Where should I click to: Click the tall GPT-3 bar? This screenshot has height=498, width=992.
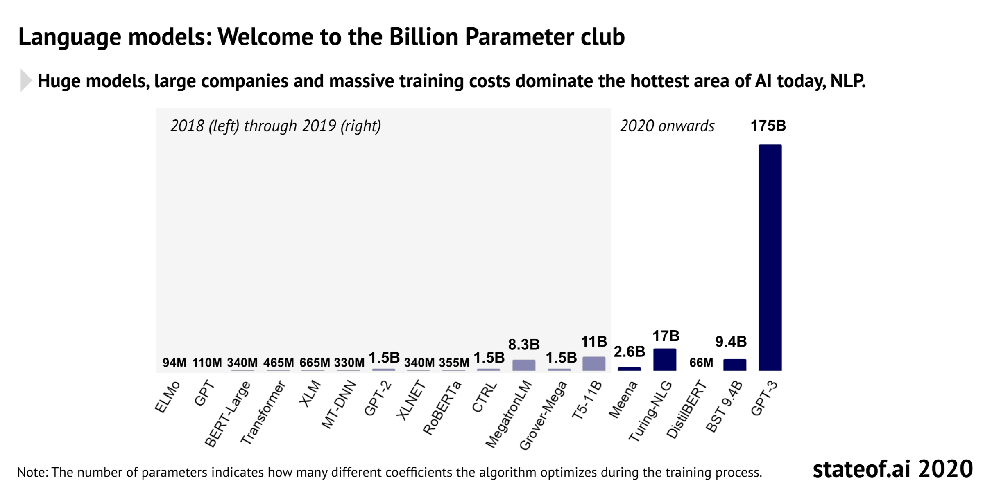770,258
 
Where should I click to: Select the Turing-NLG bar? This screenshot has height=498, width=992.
664,360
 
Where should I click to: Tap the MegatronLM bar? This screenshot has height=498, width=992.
523,365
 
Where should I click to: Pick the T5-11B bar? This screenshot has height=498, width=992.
593,364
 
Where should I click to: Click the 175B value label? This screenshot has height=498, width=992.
768,126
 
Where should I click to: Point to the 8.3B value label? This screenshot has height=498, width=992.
524,345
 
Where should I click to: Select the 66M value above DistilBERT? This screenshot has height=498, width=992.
701,363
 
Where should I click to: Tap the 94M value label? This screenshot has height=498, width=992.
174,363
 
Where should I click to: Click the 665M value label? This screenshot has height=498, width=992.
315,363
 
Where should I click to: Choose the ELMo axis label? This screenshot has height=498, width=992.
167,397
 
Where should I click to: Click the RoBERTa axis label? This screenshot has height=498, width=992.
442,408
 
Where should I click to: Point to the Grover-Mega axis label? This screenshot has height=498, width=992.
543,415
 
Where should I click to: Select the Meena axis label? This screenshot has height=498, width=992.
623,399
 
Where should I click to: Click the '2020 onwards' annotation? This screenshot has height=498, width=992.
667,126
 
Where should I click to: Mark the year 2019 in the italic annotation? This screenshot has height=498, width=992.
319,126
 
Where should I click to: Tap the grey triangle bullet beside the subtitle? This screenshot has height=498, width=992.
25,81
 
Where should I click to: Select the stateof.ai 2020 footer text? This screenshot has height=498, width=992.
892,469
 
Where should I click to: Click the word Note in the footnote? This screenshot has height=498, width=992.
32,472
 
